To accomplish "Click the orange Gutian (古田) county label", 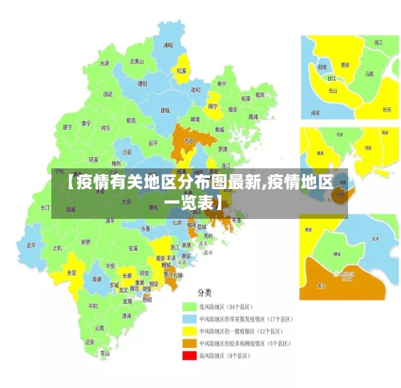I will coord(189,140).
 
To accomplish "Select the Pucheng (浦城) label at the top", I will coord(168,46).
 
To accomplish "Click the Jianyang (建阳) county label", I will coord(142,83).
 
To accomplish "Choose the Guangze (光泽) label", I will coord(104,63).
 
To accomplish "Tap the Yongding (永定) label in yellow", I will coord(71,273).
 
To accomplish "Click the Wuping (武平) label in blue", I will coord(31,245).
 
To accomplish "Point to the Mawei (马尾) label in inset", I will coord(369,73).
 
